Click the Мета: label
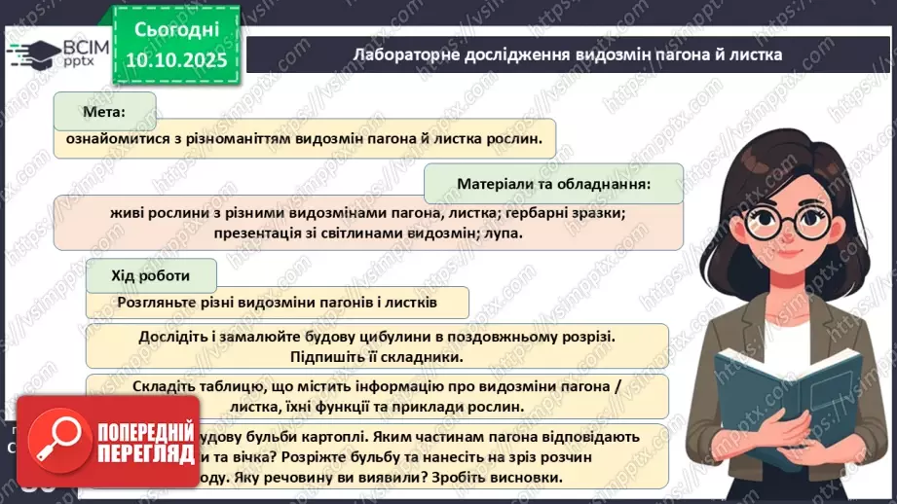105,112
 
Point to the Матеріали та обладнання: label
553,183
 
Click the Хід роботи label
151,275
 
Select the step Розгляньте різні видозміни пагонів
277,302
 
